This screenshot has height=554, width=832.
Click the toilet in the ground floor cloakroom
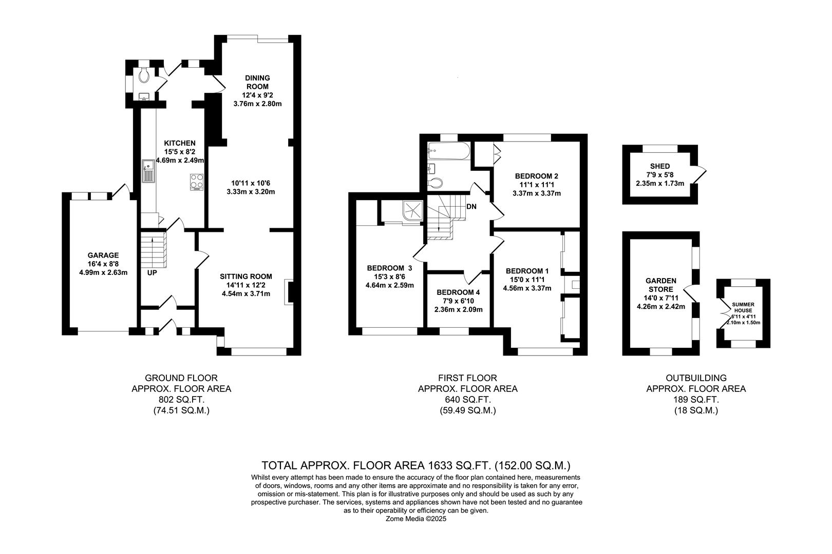(x=145, y=76)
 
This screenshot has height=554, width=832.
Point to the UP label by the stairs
(x=152, y=272)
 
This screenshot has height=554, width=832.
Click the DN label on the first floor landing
(x=471, y=207)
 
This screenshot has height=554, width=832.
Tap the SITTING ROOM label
(x=246, y=276)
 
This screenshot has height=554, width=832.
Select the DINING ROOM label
(x=257, y=82)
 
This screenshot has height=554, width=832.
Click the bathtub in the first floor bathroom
(x=448, y=151)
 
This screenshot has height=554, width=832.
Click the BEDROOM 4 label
(x=458, y=292)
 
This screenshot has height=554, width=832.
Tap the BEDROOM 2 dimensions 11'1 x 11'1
(x=536, y=185)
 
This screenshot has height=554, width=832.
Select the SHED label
(x=659, y=166)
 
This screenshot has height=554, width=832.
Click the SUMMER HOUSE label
(x=743, y=307)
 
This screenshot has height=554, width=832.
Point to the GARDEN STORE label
(x=660, y=285)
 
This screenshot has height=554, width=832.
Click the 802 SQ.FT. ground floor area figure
(x=181, y=400)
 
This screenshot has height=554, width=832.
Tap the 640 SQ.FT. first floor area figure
(x=467, y=400)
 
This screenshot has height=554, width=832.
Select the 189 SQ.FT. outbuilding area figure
(x=695, y=400)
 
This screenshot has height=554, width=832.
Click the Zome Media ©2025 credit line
(x=416, y=519)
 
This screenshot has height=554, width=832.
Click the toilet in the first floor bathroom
(x=436, y=182)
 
